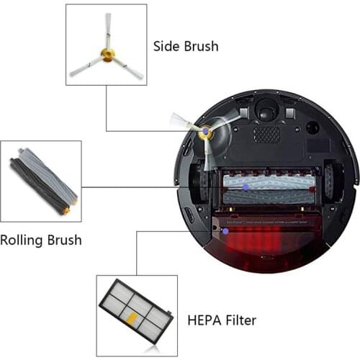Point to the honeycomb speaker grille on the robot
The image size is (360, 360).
(x=266, y=134)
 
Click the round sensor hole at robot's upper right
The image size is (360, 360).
(x=312, y=127)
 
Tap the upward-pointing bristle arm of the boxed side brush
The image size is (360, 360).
(x=108, y=29)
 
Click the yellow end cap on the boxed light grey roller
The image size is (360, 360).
(x=66, y=211)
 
